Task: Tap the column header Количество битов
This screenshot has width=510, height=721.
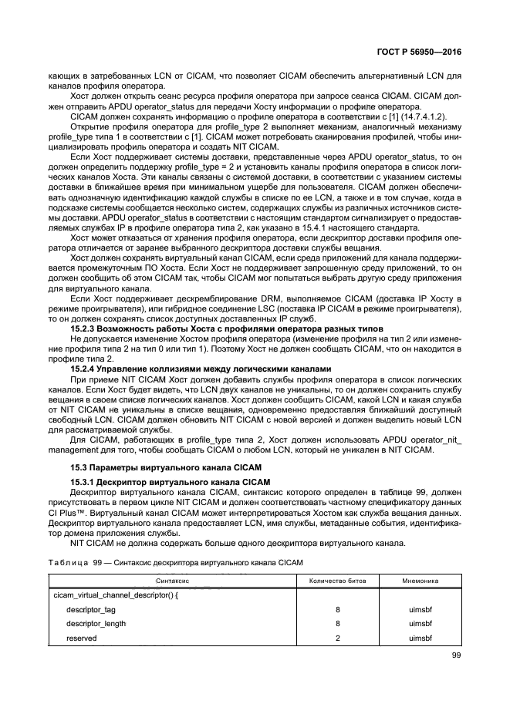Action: point(339,580)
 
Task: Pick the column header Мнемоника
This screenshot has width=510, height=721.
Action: point(420,580)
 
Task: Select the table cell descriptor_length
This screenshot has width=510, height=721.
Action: point(96,624)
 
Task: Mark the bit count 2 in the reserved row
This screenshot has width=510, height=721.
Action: point(338,638)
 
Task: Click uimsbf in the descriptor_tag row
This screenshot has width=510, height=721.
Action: point(420,609)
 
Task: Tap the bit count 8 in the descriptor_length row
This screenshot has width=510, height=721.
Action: point(338,624)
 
